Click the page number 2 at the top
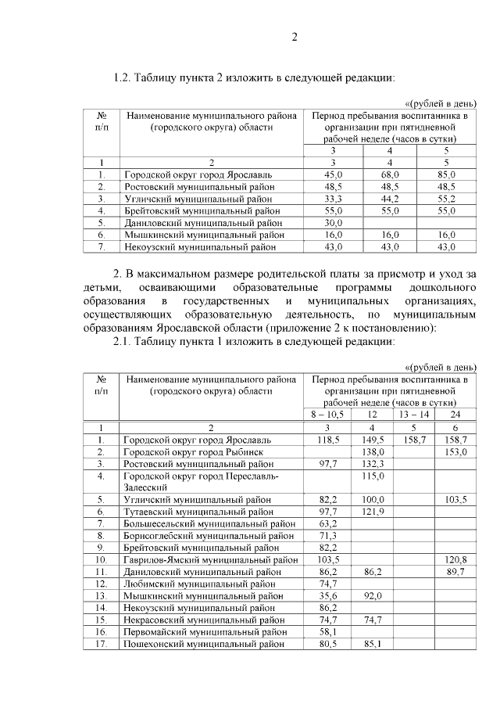click(295, 36)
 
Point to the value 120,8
click(455, 560)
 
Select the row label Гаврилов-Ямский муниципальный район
click(210, 560)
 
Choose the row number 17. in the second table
click(101, 644)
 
